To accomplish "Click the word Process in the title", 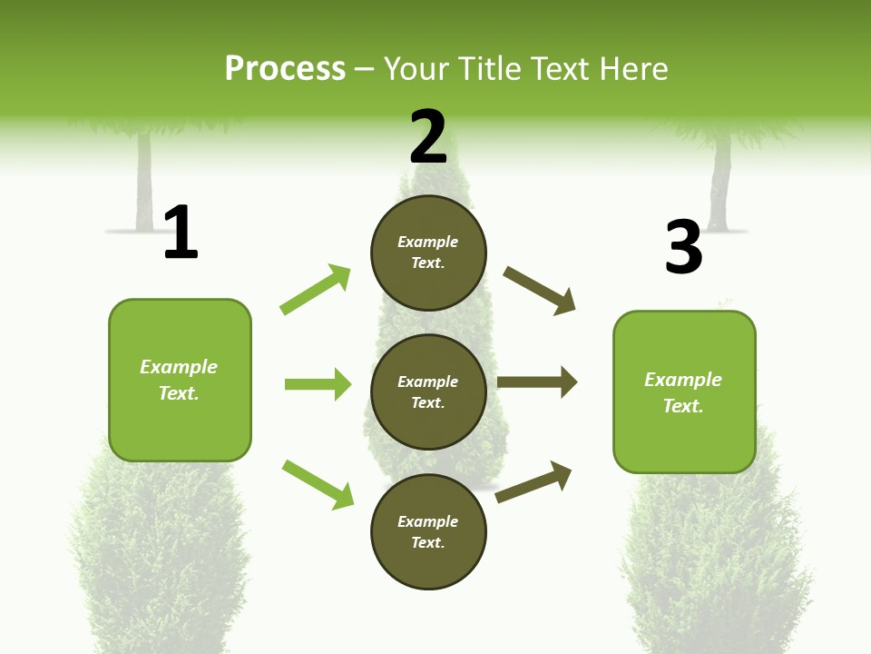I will click(x=285, y=69).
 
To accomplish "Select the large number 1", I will click(x=181, y=233).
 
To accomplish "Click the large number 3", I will click(x=683, y=247).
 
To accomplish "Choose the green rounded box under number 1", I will click(x=180, y=380).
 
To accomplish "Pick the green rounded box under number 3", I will click(x=684, y=391).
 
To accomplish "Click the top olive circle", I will click(x=428, y=253).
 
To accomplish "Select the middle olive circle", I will click(x=428, y=391).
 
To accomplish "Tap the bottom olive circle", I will click(x=428, y=531).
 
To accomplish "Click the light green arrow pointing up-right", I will click(x=316, y=290).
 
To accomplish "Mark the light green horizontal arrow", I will click(x=318, y=384).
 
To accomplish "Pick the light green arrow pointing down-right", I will click(x=318, y=484).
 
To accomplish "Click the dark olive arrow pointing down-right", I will click(x=540, y=291).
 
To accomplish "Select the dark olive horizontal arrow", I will click(x=537, y=382).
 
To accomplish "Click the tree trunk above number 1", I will click(x=143, y=182).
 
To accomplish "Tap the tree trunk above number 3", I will click(x=720, y=182).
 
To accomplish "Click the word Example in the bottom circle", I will click(x=428, y=521).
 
